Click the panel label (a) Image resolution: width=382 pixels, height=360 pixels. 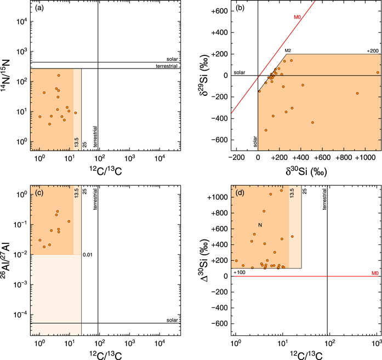click(x=41, y=9)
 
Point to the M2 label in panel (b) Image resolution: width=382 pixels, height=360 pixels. click(x=287, y=50)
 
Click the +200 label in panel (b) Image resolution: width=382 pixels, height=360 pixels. click(x=373, y=50)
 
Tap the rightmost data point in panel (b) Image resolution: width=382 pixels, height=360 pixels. click(x=378, y=72)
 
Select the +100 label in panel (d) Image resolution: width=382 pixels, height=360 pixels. click(x=239, y=272)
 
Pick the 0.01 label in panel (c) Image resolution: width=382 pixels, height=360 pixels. click(x=87, y=255)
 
